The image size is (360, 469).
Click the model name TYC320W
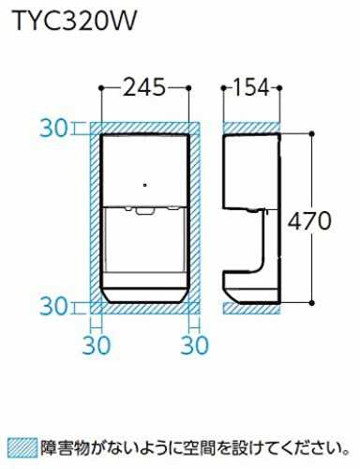tap(75, 22)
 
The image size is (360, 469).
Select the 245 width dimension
tap(144, 87)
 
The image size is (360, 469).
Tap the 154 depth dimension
tap(251, 87)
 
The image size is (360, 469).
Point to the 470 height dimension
tap(308, 220)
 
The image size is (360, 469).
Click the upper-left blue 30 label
tap(53, 129)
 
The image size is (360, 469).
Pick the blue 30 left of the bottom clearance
tap(53, 307)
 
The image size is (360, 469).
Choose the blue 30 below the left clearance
tap(97, 345)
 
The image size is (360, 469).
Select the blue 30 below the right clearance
tap(194, 345)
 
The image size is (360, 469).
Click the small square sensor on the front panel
tap(144, 185)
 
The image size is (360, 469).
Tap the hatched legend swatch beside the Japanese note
tap(22, 448)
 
